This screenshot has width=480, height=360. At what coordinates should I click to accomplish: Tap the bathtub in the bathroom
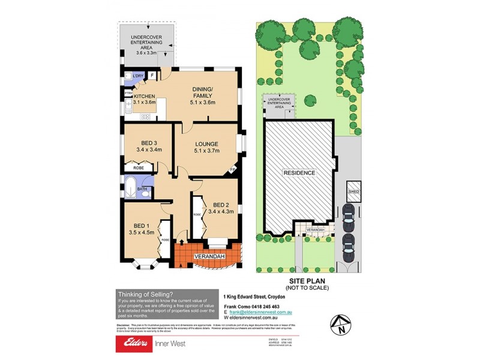(x=129, y=188)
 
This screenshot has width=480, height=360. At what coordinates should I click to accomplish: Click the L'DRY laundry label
(x=138, y=75)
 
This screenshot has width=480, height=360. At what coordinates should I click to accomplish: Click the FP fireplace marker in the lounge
(x=233, y=170)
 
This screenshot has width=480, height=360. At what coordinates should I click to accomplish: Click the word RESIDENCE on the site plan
(x=299, y=173)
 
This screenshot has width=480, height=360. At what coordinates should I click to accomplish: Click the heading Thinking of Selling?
(x=146, y=293)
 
